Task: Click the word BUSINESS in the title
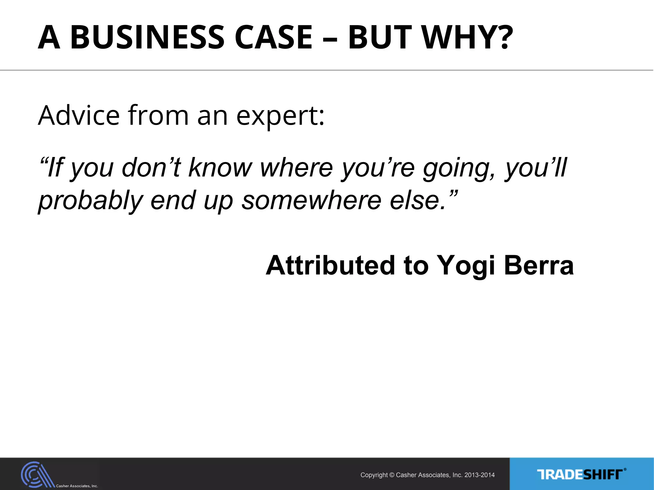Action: [x=147, y=37]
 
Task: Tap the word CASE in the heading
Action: [x=273, y=37]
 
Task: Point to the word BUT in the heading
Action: [x=380, y=37]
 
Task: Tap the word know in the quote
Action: [x=220, y=167]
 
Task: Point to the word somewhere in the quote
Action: [x=311, y=200]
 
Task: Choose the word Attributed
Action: [x=330, y=265]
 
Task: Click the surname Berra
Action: [x=539, y=265]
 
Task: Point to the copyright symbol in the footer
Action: [x=392, y=475]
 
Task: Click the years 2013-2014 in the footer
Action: [x=479, y=475]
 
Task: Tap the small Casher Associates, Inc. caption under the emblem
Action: [x=77, y=486]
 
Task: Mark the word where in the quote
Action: [x=297, y=167]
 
